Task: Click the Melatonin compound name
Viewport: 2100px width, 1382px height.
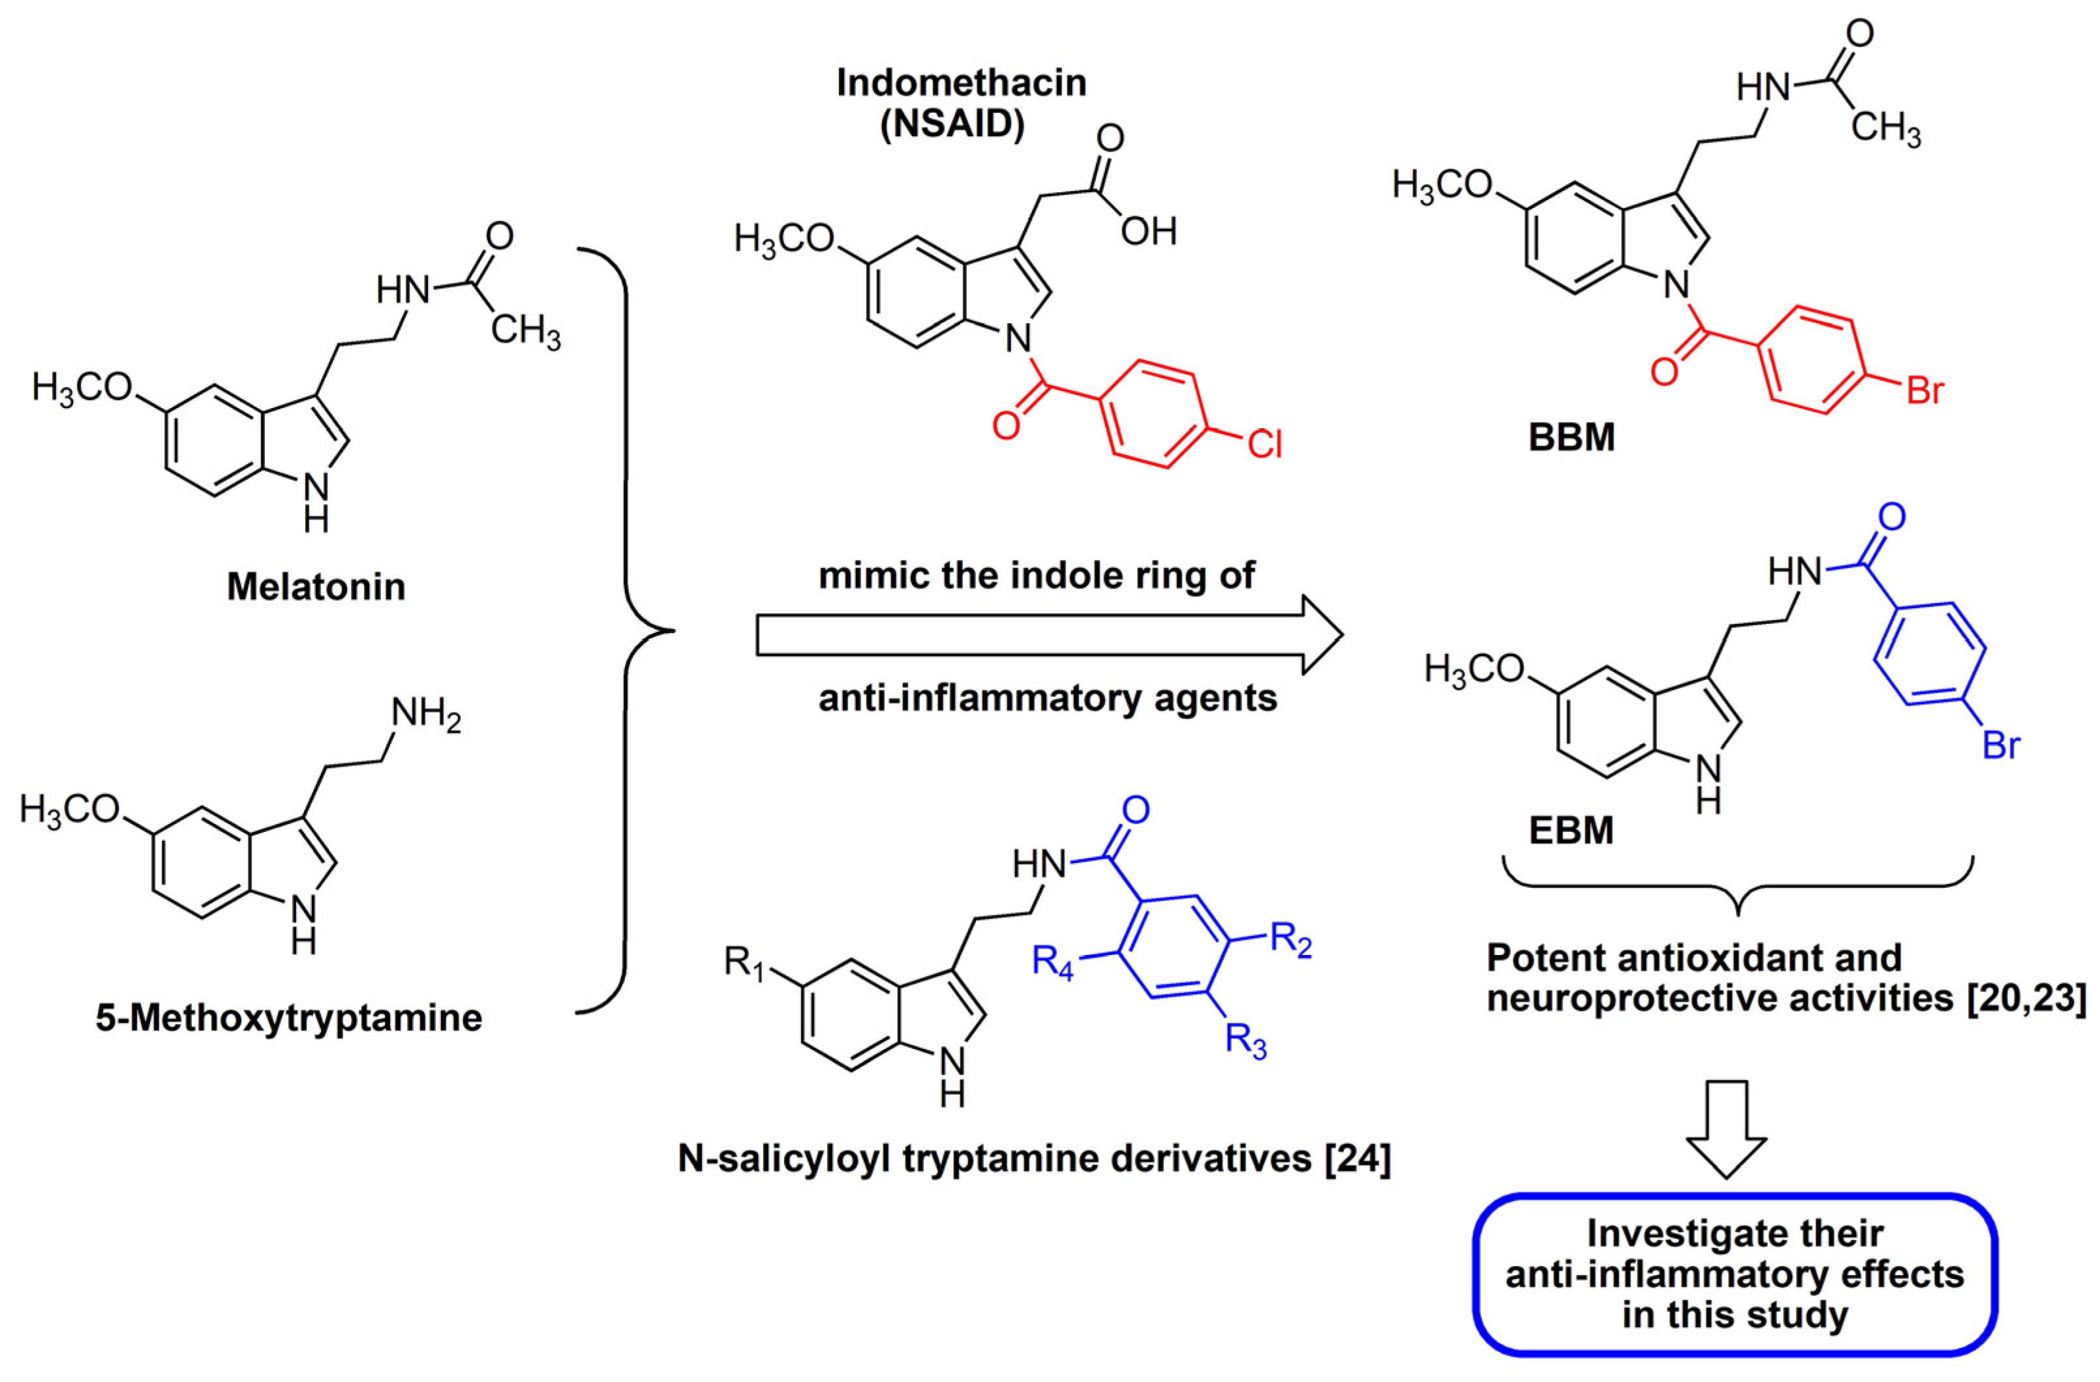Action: point(316,587)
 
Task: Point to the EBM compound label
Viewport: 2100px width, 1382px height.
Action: point(1570,831)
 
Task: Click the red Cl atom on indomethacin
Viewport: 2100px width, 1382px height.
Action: point(1264,445)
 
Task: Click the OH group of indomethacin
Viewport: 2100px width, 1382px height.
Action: point(1149,232)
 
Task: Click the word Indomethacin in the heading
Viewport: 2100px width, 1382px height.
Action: point(961,83)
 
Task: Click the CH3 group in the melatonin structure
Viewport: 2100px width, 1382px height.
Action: point(525,332)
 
